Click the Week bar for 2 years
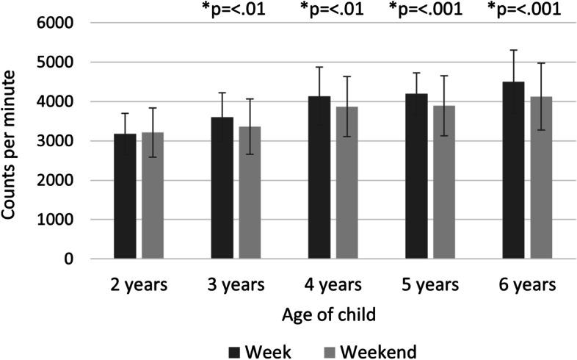point(125,196)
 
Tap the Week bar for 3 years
point(222,188)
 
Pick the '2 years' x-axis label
point(139,284)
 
